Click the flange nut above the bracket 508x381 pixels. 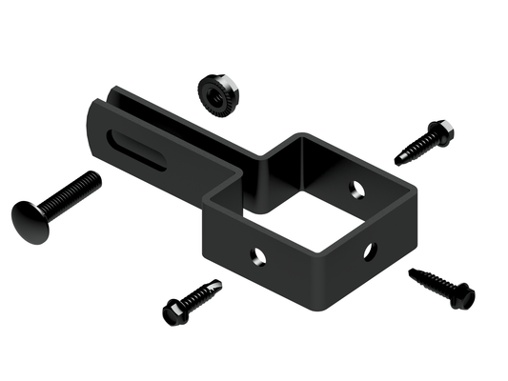pyautogui.click(x=218, y=92)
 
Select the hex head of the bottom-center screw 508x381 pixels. pyautogui.click(x=175, y=311)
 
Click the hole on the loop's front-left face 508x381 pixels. pyautogui.click(x=256, y=254)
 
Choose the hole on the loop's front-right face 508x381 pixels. pyautogui.click(x=370, y=251)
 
